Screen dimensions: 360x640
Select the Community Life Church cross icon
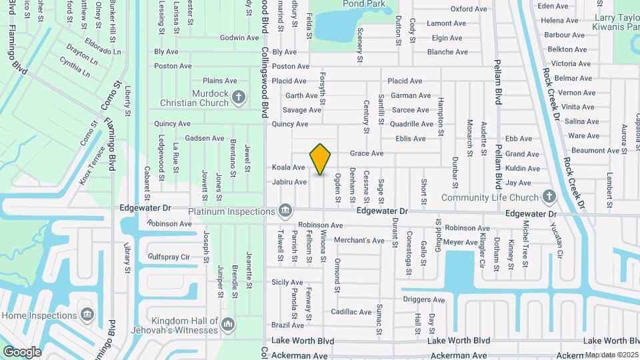pos(549,197)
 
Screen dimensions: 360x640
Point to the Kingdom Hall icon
pos(228,325)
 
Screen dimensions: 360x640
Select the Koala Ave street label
pos(288,167)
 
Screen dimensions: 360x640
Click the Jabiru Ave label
pos(289,182)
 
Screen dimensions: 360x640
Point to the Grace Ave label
pos(367,153)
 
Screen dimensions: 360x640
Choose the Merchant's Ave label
pos(359,241)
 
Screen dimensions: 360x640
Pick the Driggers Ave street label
pos(423,300)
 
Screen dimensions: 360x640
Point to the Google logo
pos(22,351)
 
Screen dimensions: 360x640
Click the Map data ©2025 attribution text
pos(611,355)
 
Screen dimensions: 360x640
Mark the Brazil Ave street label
pos(288,325)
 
